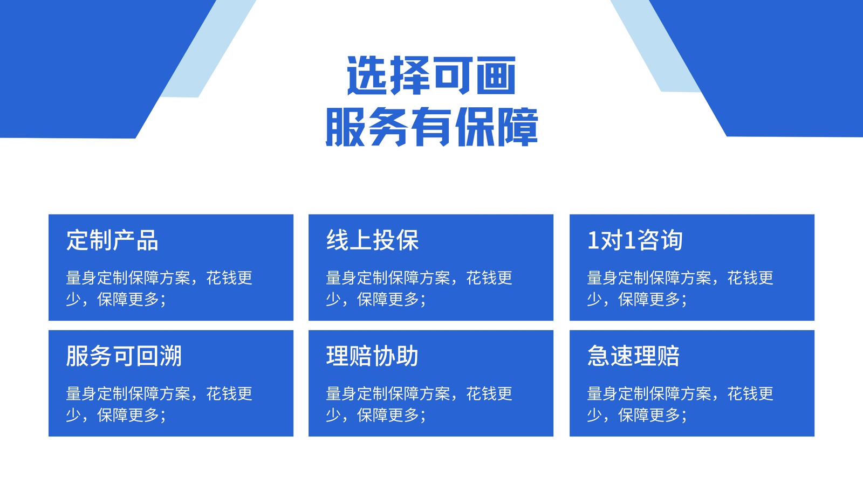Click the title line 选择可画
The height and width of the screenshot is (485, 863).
(x=431, y=75)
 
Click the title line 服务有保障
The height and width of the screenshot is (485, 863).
(x=432, y=127)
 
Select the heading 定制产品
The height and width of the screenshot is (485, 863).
(x=112, y=240)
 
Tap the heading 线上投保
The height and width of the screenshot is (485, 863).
(x=372, y=240)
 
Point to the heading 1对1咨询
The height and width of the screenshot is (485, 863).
(x=635, y=240)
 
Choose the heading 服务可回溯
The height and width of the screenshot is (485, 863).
(x=124, y=356)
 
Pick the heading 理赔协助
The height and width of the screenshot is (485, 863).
(x=372, y=356)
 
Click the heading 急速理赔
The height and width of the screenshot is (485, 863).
(x=633, y=356)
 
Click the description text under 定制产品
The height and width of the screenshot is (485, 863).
(x=159, y=288)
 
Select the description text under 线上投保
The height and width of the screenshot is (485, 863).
(x=419, y=288)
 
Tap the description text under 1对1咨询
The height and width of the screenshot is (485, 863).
(x=680, y=288)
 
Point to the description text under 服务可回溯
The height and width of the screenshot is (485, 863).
(x=159, y=404)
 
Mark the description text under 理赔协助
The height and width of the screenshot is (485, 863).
(x=419, y=404)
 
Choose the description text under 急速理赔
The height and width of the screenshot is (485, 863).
(x=680, y=404)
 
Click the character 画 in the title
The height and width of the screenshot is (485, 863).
(x=496, y=75)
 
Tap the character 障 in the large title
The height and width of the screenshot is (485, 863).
(x=517, y=127)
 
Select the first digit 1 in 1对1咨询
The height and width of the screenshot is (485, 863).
(x=593, y=240)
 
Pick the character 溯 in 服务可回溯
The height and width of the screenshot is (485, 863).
(x=170, y=356)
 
